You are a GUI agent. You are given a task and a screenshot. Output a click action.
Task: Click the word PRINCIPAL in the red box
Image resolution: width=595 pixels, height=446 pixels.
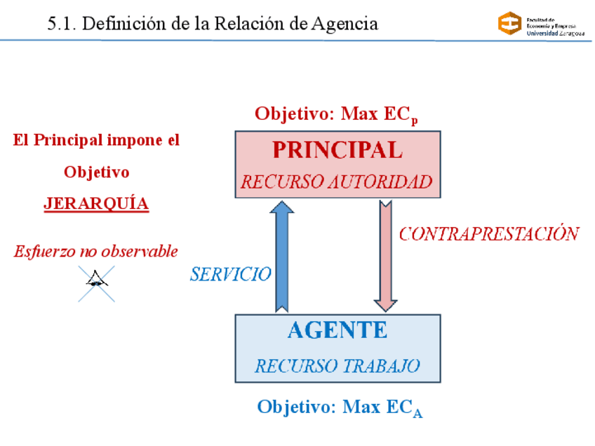click(x=337, y=150)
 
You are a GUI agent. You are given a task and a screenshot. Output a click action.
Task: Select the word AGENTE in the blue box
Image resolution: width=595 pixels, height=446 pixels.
click(x=337, y=330)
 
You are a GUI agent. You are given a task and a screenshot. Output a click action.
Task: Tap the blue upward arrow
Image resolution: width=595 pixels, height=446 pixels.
click(x=282, y=256)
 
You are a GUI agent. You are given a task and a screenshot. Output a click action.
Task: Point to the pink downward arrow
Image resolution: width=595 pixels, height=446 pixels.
click(x=386, y=256)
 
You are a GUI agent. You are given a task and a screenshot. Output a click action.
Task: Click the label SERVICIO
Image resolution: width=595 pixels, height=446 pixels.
click(x=230, y=274)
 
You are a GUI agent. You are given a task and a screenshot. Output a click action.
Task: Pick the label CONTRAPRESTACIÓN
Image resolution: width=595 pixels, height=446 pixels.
click(x=489, y=234)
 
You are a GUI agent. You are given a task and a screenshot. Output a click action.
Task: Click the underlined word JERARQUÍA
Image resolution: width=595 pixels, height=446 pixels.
click(x=96, y=203)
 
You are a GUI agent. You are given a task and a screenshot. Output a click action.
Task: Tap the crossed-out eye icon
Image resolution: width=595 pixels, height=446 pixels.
click(x=96, y=283)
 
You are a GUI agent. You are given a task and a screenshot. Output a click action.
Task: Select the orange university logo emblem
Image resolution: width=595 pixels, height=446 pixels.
click(x=509, y=24)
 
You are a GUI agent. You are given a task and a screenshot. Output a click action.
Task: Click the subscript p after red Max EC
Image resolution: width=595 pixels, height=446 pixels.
click(x=415, y=120)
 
